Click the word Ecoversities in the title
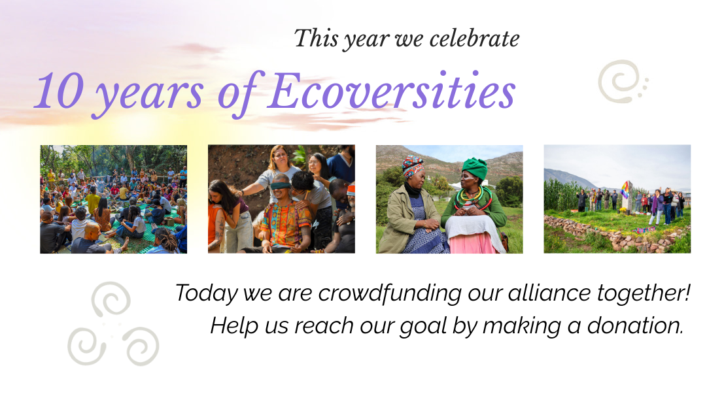coord(391,91)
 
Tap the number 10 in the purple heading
coord(59,91)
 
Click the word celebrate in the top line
coord(474,39)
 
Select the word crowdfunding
coord(390,293)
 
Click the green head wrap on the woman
coord(474,167)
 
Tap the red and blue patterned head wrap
coord(413,166)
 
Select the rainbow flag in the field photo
coord(625,190)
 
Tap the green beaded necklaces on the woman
coord(474,199)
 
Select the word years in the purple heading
coord(150,95)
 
